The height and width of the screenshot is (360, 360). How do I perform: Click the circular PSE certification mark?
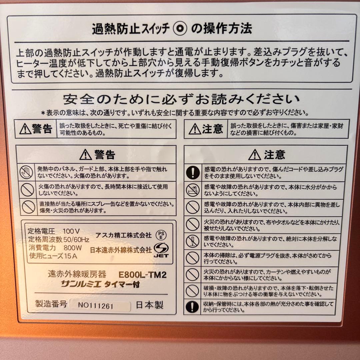pos(161,235)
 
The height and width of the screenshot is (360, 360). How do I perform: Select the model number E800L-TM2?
pos(142,275)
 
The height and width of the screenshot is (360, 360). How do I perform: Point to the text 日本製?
pos(150,305)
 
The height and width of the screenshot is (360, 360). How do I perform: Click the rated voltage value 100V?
pos(71,231)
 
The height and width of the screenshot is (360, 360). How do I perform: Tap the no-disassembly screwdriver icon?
pos(192,241)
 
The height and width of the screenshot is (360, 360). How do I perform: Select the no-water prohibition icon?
pos(192,190)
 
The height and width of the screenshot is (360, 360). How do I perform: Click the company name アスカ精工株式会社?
pos(123,235)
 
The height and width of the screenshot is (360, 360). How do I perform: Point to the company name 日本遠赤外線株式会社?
pos(121,249)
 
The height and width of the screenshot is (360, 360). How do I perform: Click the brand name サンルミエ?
pos(81,284)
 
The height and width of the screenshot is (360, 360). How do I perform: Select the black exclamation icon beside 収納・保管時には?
pos(192,307)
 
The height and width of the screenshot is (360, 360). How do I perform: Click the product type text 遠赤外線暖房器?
pos(77,275)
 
